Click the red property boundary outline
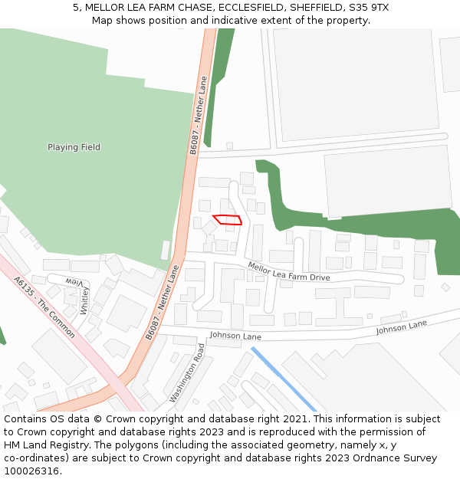227,219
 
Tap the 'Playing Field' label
74,147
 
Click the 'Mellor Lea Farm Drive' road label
288,271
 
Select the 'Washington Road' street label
187,373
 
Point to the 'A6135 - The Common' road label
44,307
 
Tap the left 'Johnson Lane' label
235,336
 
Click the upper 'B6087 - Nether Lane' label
199,116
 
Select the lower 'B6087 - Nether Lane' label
163,302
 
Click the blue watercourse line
284,379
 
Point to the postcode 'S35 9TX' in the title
368,7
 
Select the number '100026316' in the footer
31,471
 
